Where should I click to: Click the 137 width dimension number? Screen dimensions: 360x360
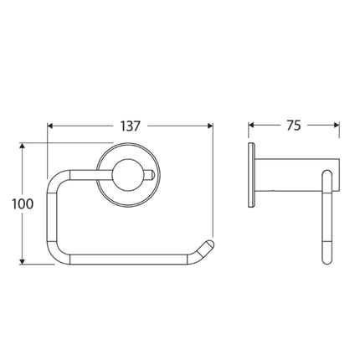click(x=131, y=126)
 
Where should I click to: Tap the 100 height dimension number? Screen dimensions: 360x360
click(x=26, y=203)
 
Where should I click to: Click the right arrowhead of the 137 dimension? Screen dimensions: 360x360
click(x=211, y=126)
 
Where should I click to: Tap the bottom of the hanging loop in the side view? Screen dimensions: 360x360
click(x=326, y=262)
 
